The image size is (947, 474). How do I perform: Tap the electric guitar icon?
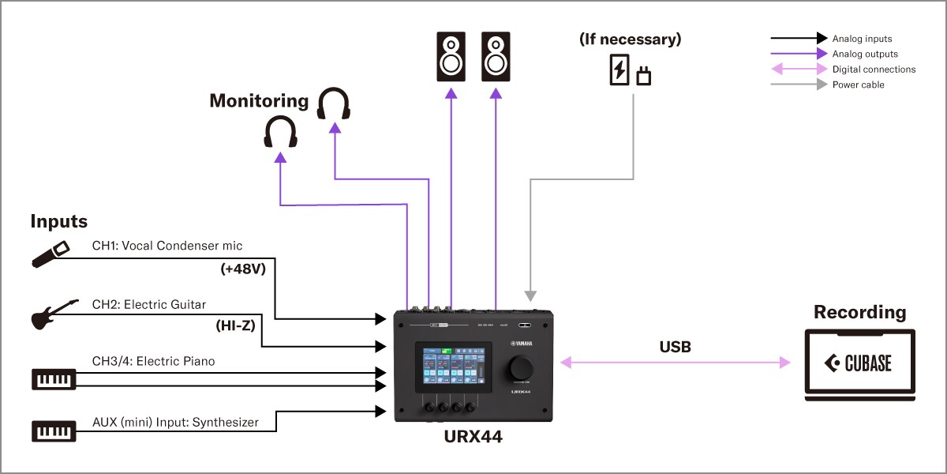[54, 314]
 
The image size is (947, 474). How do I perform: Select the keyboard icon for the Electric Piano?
[54, 378]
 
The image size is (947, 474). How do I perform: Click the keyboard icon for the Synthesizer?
[54, 431]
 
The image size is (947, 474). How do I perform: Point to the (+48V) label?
[243, 270]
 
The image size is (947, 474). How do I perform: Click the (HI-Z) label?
[235, 325]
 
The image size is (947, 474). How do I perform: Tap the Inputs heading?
[59, 221]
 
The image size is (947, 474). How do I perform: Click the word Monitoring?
[259, 101]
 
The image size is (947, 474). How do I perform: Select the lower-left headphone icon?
[280, 133]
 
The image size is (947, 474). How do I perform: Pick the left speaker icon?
[451, 57]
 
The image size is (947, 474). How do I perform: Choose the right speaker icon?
[496, 57]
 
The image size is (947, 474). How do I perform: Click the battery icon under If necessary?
[619, 70]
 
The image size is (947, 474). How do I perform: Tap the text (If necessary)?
[630, 39]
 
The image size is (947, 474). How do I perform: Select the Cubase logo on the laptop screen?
[859, 363]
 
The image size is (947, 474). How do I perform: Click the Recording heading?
[859, 312]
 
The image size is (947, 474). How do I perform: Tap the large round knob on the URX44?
[520, 368]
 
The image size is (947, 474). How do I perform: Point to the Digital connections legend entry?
[874, 70]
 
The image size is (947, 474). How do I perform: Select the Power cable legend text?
[858, 85]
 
